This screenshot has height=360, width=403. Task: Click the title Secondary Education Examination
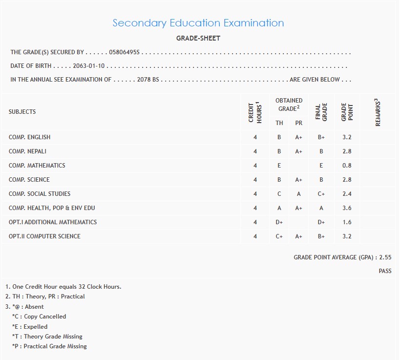[198, 23]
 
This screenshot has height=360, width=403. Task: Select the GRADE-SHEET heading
[198, 38]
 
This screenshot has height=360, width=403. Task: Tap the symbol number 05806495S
[125, 52]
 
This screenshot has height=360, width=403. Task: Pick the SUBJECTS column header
[22, 112]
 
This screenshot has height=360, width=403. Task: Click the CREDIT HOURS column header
[255, 112]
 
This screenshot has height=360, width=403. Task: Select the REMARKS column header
[378, 112]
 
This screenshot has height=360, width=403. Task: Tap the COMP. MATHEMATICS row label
[37, 166]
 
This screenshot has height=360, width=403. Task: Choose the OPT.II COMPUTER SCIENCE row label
[44, 236]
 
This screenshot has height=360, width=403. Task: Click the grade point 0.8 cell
[347, 166]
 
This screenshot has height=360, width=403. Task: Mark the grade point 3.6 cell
[347, 208]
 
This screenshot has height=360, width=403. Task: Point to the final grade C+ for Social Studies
[321, 194]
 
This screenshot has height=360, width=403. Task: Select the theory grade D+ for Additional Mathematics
[279, 222]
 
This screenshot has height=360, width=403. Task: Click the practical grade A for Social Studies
[299, 194]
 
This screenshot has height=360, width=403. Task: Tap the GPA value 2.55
[385, 257]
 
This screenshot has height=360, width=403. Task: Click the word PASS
[385, 271]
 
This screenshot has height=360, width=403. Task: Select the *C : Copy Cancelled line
[39, 317]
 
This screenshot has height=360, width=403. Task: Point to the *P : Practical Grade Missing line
[49, 346]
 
